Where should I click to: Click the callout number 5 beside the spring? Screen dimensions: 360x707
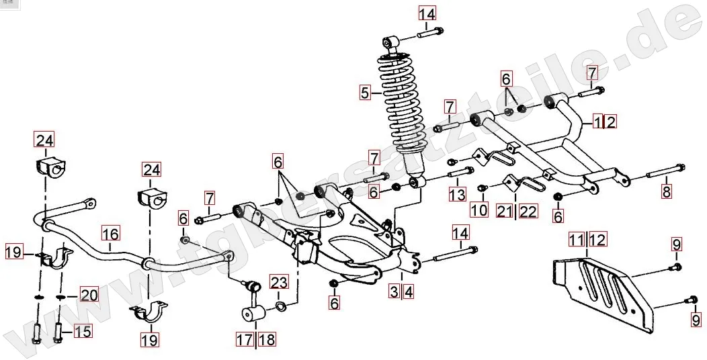click(x=365, y=93)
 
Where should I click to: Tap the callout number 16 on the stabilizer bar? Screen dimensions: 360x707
click(x=111, y=234)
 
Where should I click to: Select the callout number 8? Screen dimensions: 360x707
click(x=666, y=191)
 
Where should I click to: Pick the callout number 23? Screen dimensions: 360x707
click(x=279, y=281)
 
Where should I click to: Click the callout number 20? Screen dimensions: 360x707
click(x=89, y=295)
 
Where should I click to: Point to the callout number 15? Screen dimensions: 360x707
click(x=82, y=331)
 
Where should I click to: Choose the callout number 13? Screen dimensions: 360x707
click(x=457, y=195)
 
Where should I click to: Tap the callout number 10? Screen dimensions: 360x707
click(x=479, y=210)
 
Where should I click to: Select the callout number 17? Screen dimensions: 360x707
click(x=245, y=339)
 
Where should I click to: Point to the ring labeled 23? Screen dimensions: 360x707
click(x=280, y=307)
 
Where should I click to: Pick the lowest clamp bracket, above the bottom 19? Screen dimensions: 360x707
click(x=150, y=314)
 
